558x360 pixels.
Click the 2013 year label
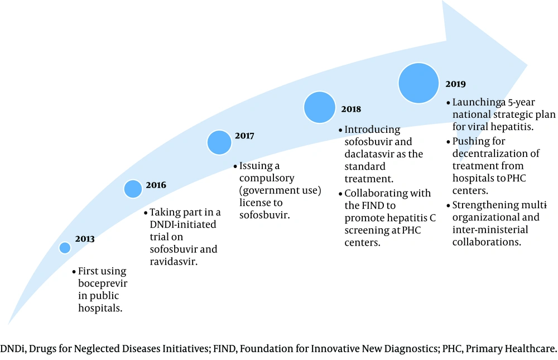pyautogui.click(x=85, y=238)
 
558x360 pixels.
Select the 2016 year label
pyautogui.click(x=156, y=185)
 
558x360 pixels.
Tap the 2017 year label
pyautogui.click(x=244, y=136)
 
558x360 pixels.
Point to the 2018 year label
pyautogui.click(x=351, y=109)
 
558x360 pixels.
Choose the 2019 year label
pyautogui.click(x=455, y=84)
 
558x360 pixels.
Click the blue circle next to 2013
pyautogui.click(x=65, y=247)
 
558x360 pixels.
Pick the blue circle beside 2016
pyautogui.click(x=133, y=189)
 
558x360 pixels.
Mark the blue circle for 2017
pyautogui.click(x=219, y=142)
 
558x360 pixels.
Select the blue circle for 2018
pyautogui.click(x=320, y=108)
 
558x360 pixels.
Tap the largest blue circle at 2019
pyautogui.click(x=419, y=83)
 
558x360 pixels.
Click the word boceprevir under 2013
pyautogui.click(x=103, y=284)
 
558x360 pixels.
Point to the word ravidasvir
pyautogui.click(x=174, y=261)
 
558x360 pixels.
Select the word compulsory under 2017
pyautogui.click(x=267, y=179)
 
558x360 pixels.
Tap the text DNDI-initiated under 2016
pyautogui.click(x=183, y=224)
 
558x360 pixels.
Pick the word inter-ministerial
pyautogui.click(x=490, y=229)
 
